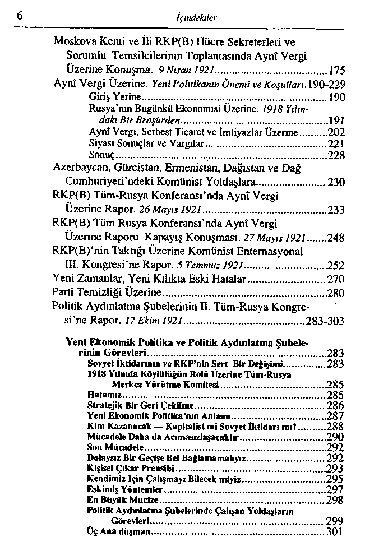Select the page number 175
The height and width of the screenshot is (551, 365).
[335, 71]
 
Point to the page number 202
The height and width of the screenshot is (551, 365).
[335, 133]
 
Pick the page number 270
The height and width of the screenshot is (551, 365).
[335, 279]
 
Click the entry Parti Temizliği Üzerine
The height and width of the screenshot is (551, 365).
[107, 292]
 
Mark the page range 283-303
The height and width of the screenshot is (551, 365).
[325, 322]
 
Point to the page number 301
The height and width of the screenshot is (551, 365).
[334, 531]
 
